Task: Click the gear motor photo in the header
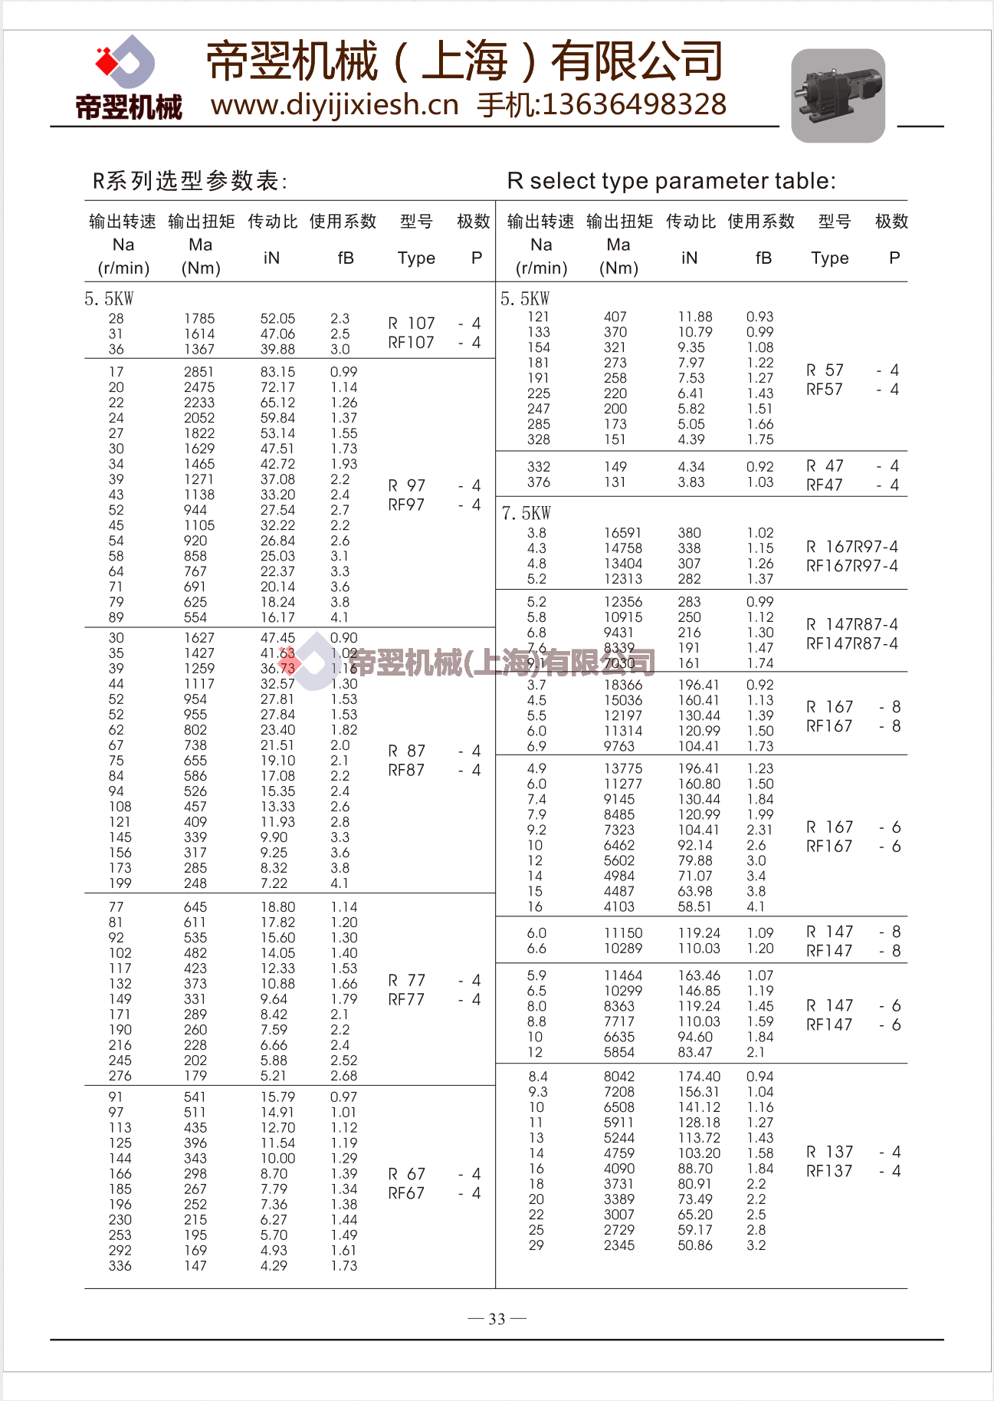tap(838, 95)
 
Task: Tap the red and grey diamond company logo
tap(126, 61)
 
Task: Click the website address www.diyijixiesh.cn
tap(334, 105)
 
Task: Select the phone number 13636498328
tap(634, 105)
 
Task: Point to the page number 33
tap(497, 1319)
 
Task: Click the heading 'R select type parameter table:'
tap(671, 181)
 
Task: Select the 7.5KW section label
tap(526, 513)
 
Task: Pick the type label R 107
tap(412, 323)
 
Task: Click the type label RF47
tap(824, 485)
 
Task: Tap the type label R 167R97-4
tap(851, 547)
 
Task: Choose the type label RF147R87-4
tap(851, 643)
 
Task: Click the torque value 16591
tap(623, 533)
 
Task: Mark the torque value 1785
tap(199, 318)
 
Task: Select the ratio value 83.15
tap(277, 372)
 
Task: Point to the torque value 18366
tap(623, 685)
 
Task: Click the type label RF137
tap(829, 1171)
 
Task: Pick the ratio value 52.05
tap(277, 318)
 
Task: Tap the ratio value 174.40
tap(699, 1077)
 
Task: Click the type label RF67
tap(406, 1193)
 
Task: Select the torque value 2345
tap(619, 1245)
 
